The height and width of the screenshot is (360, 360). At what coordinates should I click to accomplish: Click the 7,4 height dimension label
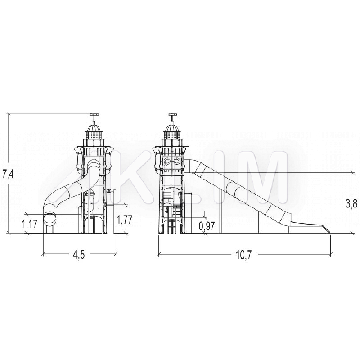tap(8, 175)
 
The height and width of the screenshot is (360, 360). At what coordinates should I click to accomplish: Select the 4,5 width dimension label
tap(79, 255)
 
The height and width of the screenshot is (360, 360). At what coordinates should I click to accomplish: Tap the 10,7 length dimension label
tap(243, 255)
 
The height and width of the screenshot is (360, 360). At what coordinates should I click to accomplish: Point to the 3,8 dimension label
tap(351, 203)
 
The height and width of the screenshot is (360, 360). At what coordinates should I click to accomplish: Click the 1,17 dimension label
tap(30, 224)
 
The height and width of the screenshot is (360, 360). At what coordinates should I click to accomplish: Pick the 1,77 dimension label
tap(125, 220)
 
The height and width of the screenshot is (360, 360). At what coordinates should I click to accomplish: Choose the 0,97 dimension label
tap(207, 226)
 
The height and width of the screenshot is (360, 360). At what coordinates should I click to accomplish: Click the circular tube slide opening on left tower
tap(50, 220)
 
